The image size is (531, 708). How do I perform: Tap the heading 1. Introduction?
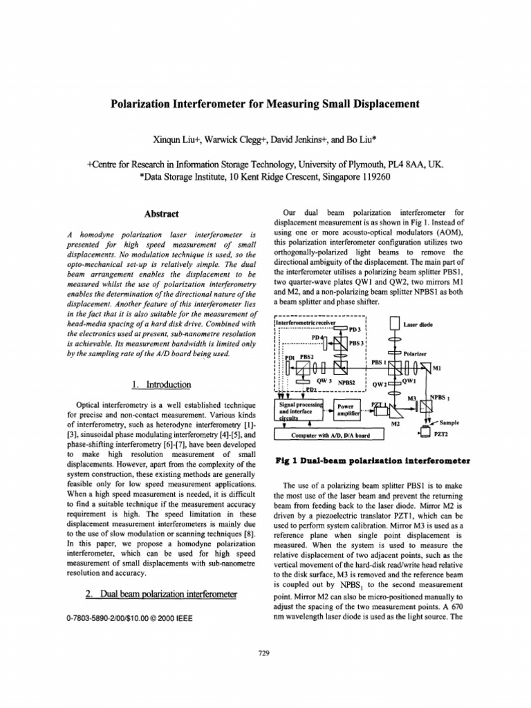[x=161, y=384]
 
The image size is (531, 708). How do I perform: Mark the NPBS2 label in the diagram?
[x=347, y=382]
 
